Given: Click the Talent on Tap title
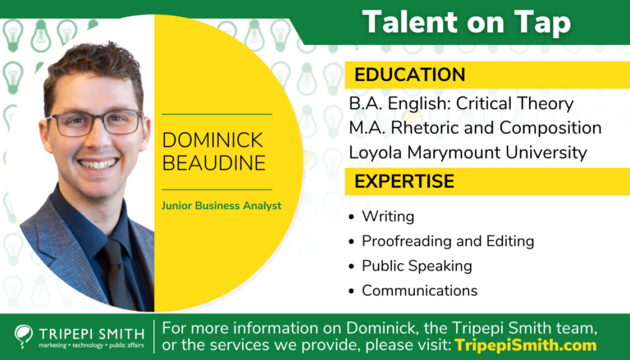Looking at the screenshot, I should pyautogui.click(x=467, y=22).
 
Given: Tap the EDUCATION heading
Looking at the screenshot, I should pyautogui.click(x=409, y=75).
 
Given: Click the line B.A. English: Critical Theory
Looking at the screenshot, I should pyautogui.click(x=461, y=104).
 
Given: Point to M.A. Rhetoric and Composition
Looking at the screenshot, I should pyautogui.click(x=475, y=128).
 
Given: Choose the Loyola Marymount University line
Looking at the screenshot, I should pyautogui.click(x=468, y=152).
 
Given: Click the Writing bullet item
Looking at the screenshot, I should pyautogui.click(x=388, y=217).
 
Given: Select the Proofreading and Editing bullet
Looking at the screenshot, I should pyautogui.click(x=448, y=241).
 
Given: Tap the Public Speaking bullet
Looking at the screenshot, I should pyautogui.click(x=417, y=266).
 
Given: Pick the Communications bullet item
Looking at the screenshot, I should pyautogui.click(x=419, y=290).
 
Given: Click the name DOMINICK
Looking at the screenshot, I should pyautogui.click(x=213, y=139).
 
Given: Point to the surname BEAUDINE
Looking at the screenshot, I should pyautogui.click(x=213, y=162).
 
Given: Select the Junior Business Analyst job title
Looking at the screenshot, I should pyautogui.click(x=221, y=206).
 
